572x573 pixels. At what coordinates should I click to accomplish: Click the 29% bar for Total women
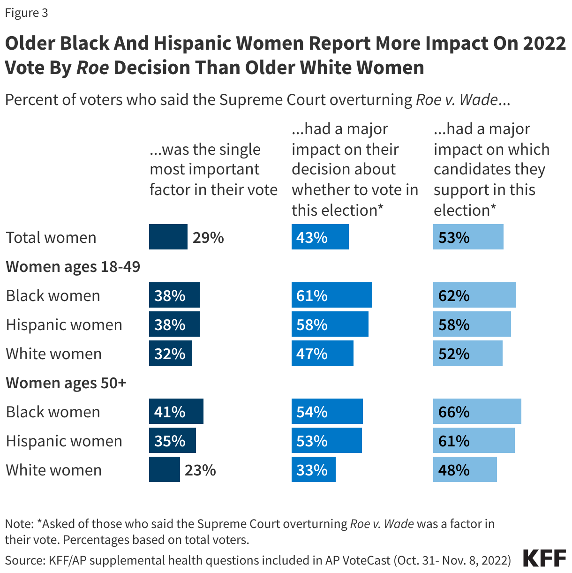(x=168, y=237)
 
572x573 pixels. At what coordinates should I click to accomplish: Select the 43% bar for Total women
(x=320, y=237)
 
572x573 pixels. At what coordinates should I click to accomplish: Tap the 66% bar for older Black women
(x=477, y=411)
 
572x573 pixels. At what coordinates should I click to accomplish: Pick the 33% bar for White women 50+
(x=313, y=469)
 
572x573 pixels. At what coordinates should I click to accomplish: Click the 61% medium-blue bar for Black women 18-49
(x=331, y=295)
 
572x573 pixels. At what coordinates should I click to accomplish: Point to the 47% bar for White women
(x=322, y=353)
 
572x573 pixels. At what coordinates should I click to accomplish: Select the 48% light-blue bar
(x=465, y=469)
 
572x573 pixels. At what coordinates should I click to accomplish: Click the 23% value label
(x=200, y=470)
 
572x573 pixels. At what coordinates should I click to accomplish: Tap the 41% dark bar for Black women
(x=176, y=411)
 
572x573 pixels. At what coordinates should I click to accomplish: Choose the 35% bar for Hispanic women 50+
(x=172, y=440)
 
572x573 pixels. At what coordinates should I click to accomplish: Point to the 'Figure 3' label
(x=26, y=13)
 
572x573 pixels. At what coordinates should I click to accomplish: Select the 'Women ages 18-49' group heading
(x=73, y=266)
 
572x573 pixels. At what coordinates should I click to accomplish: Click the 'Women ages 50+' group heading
(x=66, y=383)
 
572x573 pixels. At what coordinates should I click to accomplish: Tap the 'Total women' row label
(x=51, y=237)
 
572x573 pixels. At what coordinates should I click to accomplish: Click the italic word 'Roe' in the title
(x=92, y=68)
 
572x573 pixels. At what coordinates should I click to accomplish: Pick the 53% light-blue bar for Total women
(x=468, y=237)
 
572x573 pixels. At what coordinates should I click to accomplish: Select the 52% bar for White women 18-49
(x=467, y=353)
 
